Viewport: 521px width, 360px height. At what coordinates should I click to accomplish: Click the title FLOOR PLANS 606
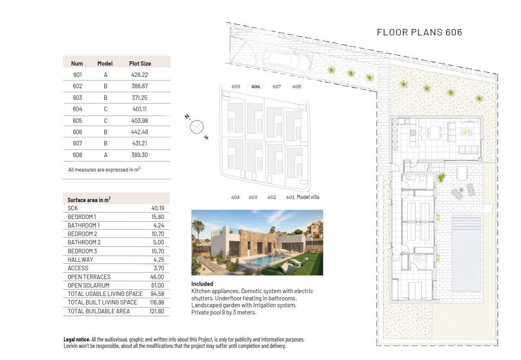pos(419,32)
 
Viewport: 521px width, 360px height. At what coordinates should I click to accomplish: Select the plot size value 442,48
pos(139,132)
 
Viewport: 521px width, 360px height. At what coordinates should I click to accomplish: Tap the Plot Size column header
pos(140,64)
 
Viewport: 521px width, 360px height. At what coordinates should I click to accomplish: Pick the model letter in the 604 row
pos(106,109)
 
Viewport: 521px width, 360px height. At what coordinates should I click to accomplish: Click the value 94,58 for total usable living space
pos(157,294)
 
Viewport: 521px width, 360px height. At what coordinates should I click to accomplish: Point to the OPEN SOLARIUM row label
pos(88,286)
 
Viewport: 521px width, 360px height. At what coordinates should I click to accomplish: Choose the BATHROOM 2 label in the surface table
pos(84,242)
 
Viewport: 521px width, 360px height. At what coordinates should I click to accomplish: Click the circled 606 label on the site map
pos(255,87)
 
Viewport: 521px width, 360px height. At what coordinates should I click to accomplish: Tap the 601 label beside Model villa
pos(290,197)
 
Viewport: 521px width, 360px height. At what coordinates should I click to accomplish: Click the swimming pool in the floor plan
pos(466,253)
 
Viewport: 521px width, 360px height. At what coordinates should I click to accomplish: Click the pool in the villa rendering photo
pos(268,260)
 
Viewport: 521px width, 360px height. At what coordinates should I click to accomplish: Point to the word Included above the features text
pos(202,284)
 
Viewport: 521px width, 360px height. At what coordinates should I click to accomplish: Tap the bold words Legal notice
pos(77,339)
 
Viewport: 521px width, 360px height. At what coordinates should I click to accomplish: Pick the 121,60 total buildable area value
pos(157,311)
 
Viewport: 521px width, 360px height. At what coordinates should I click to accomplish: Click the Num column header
pos(77,64)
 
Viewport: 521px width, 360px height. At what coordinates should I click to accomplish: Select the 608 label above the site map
pos(297,87)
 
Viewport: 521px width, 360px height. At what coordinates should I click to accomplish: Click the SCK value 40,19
pos(158,208)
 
